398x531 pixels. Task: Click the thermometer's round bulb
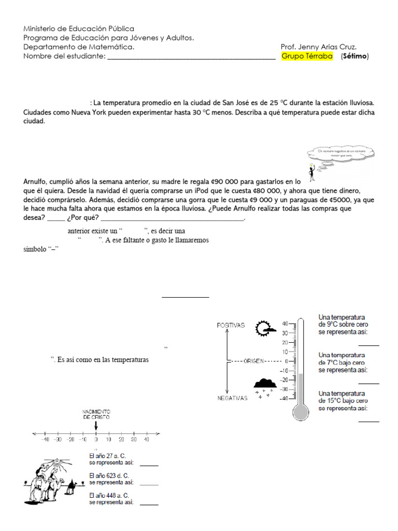[300, 412]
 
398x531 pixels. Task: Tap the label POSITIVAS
[231, 325]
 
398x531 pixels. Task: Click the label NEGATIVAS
[232, 398]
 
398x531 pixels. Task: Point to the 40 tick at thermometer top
[285, 324]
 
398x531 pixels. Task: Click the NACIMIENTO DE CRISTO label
[96, 414]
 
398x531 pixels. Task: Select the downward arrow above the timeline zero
[96, 425]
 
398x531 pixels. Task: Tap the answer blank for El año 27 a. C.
[149, 465]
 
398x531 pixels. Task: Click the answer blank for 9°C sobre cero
[368, 344]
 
